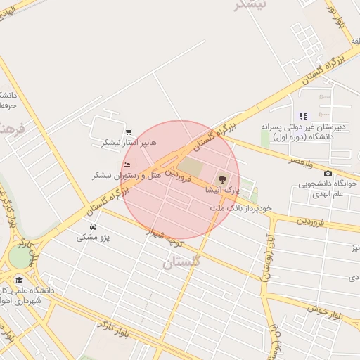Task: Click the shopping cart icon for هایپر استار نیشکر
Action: (128, 131)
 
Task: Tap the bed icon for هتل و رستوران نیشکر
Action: (127, 165)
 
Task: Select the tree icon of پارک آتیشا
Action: (223, 179)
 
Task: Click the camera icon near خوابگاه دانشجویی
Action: (328, 173)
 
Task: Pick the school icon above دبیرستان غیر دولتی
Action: (303, 116)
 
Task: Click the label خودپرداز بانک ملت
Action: (240, 208)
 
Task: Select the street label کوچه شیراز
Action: (169, 238)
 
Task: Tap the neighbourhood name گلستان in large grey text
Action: (181, 262)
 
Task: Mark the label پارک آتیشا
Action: (222, 190)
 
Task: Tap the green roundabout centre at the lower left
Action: (18, 257)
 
